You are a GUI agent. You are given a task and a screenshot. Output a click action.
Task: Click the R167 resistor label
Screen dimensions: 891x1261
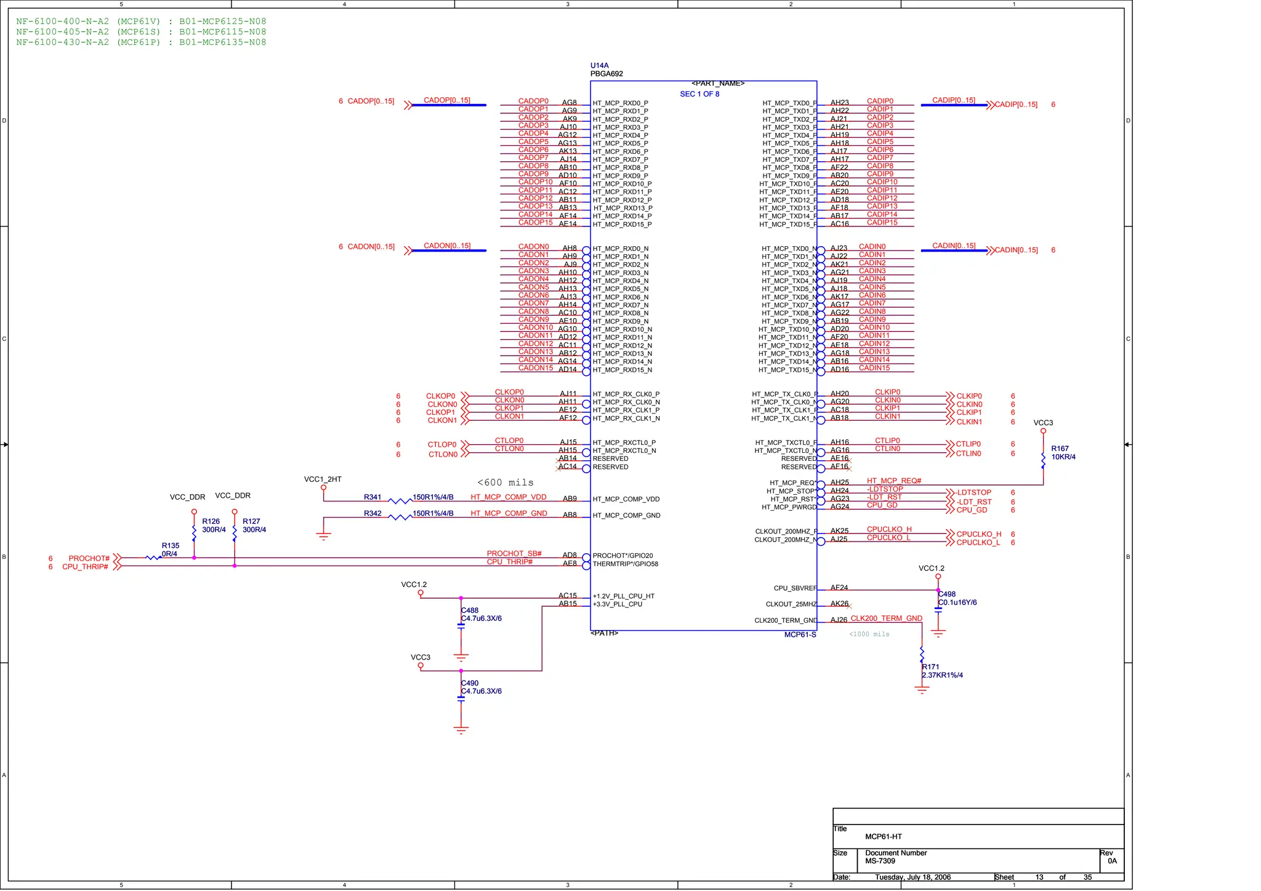(x=1060, y=449)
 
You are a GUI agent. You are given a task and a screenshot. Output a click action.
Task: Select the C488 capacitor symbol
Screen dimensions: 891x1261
(x=461, y=625)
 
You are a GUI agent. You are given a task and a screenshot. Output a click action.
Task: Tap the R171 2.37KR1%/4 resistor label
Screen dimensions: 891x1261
(x=942, y=671)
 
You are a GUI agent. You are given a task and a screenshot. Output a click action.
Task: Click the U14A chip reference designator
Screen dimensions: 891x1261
(x=599, y=65)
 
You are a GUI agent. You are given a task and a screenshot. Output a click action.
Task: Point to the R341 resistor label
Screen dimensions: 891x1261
(x=373, y=497)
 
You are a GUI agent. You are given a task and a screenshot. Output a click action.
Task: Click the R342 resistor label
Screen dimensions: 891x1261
(x=373, y=513)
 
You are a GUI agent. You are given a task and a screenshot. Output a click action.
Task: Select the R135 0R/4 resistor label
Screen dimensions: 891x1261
(x=170, y=549)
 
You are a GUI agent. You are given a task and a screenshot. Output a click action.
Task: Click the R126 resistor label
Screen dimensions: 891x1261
(x=211, y=521)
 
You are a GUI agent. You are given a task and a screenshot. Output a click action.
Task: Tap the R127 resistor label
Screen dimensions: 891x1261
(x=251, y=521)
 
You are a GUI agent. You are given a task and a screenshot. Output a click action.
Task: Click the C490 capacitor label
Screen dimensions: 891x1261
(x=470, y=683)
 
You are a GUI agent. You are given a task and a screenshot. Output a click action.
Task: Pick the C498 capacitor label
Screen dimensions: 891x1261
(x=947, y=594)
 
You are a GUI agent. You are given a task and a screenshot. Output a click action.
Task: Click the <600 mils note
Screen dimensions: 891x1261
(x=505, y=482)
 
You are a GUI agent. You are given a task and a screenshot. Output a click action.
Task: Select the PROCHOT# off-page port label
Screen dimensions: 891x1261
(x=89, y=559)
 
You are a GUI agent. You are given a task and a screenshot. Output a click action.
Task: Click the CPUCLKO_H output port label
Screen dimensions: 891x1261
(x=978, y=534)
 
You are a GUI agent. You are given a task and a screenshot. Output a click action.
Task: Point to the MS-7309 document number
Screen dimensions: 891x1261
(x=880, y=861)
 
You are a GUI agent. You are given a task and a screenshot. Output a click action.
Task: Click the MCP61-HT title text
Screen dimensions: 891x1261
(x=883, y=836)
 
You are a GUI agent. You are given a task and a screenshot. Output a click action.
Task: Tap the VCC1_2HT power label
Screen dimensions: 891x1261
(x=323, y=479)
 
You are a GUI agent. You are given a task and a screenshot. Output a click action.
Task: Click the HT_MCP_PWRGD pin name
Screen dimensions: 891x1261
(x=789, y=508)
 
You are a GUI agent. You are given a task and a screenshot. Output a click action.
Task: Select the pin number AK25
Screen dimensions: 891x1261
(x=839, y=530)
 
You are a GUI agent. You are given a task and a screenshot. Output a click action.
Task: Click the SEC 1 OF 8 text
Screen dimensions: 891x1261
(x=699, y=94)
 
